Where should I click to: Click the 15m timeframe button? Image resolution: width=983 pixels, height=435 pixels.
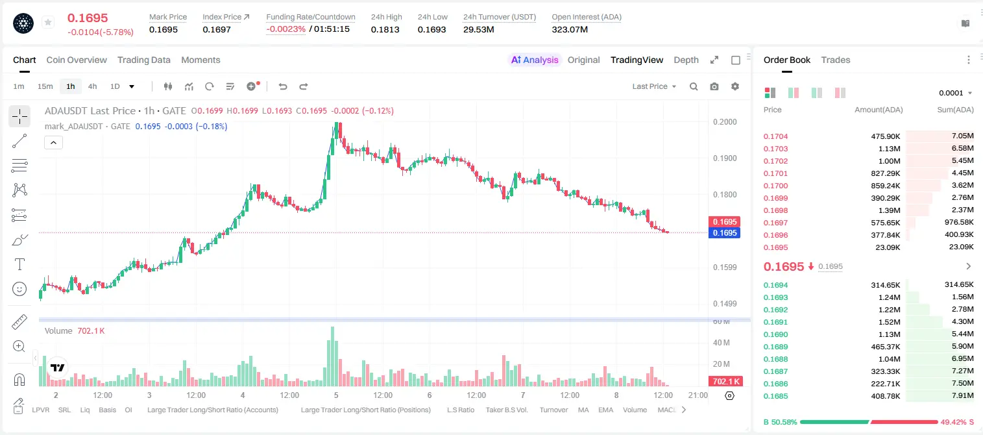45,86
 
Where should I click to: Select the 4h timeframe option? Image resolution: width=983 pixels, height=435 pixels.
92,86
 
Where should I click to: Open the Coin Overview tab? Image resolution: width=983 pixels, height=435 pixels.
77,60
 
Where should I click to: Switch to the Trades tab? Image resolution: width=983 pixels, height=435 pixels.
836,60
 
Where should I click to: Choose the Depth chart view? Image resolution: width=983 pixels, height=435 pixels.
686,60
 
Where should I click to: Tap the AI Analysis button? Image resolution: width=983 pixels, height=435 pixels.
535,60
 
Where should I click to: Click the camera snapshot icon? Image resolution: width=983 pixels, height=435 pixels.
714,86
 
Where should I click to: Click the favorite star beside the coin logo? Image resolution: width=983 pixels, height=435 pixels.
48,22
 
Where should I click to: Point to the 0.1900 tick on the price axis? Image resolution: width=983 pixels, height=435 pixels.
725,158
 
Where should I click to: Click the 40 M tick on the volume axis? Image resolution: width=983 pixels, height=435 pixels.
722,342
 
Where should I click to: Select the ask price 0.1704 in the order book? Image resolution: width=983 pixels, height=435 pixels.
775,136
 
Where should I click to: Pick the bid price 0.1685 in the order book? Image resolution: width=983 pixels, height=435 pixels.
775,396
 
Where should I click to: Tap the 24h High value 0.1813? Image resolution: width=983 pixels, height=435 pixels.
385,29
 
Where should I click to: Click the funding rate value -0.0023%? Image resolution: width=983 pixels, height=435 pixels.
285,29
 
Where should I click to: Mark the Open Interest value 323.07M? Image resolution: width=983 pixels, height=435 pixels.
570,29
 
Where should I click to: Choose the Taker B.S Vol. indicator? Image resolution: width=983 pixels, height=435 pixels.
506,410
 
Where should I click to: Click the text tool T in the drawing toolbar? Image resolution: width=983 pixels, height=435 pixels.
19,264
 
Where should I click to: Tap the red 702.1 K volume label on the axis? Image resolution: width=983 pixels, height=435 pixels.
726,382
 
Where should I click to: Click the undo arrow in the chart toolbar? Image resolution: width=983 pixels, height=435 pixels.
283,86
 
